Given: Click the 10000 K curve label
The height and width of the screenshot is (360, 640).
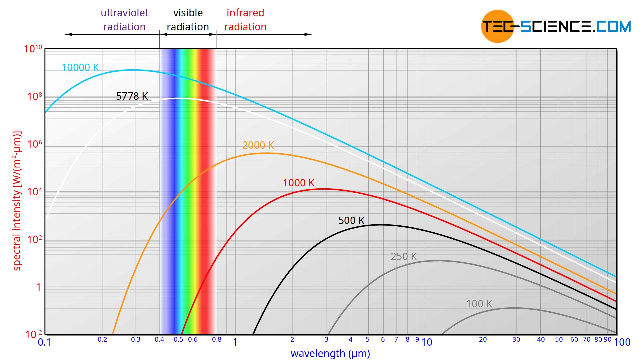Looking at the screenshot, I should [80, 68].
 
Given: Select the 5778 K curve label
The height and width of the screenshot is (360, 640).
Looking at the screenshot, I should [132, 96].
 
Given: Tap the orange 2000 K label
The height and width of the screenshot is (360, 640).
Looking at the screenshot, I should [258, 145].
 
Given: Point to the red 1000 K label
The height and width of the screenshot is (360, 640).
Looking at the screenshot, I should [299, 183].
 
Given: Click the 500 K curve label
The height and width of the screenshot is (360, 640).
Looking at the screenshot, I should [351, 221].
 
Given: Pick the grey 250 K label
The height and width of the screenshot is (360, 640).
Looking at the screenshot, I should [404, 257].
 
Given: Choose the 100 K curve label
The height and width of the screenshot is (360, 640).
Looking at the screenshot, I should [479, 304].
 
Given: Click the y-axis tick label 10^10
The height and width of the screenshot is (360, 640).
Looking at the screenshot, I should [33, 49].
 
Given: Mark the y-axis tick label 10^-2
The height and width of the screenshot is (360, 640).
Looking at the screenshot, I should [34, 334].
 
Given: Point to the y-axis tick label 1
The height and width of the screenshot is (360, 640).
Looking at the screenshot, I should [39, 287].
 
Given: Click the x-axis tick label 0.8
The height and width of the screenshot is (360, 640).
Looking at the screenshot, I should [217, 340].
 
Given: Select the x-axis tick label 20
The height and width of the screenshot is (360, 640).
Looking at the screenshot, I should [483, 340].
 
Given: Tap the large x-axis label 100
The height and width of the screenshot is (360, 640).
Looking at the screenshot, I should [622, 342].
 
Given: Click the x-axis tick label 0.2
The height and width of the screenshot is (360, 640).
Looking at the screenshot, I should [102, 340].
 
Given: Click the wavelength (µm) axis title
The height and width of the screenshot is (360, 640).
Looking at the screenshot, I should [330, 354].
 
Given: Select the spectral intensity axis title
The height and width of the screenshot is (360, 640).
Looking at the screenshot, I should [17, 201].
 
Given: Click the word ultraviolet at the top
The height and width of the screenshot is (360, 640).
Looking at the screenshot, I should [124, 13].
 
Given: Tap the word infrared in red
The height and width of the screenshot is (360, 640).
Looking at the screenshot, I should [245, 13].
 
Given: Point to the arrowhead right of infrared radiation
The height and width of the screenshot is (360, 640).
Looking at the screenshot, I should [308, 34].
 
